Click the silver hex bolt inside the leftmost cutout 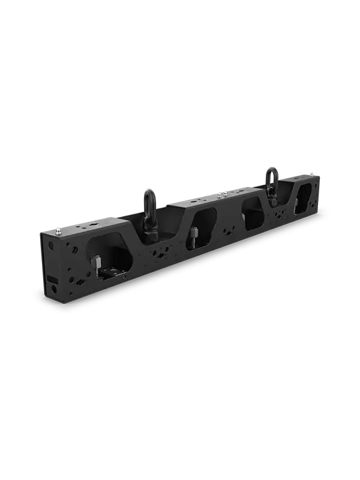pos(95,262)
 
